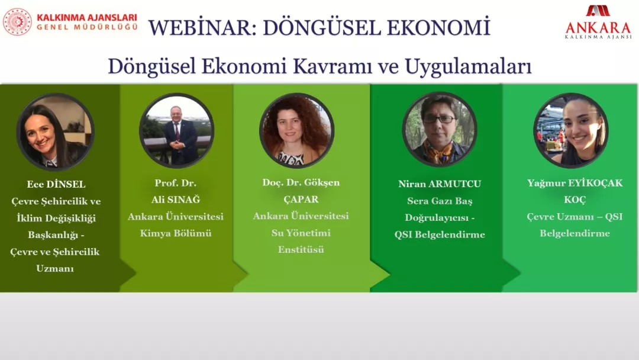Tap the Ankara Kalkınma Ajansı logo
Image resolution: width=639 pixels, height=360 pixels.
click(x=598, y=22)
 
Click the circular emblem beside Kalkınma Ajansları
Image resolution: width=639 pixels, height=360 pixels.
click(x=17, y=22)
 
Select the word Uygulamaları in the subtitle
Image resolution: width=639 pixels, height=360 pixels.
click(x=468, y=66)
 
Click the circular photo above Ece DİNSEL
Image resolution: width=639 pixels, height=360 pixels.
click(x=56, y=131)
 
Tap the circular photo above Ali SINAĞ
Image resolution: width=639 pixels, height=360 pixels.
click(x=176, y=130)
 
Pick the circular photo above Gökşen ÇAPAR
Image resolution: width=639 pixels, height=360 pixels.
click(x=296, y=130)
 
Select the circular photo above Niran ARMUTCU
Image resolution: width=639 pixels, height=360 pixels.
click(x=439, y=129)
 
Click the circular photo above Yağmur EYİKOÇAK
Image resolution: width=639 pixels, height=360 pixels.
click(x=570, y=130)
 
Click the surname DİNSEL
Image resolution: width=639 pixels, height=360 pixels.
click(x=66, y=184)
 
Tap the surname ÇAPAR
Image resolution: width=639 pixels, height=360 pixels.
click(x=301, y=200)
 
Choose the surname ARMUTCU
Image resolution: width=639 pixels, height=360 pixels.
click(x=455, y=184)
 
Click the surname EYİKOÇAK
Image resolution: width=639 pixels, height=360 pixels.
click(x=594, y=183)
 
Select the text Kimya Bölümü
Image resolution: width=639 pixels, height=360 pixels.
click(x=176, y=233)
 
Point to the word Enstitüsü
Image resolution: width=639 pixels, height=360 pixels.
click(x=301, y=249)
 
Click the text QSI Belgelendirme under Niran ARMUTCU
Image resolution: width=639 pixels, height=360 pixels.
click(x=440, y=234)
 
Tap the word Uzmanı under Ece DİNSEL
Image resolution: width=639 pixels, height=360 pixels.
click(x=55, y=269)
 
